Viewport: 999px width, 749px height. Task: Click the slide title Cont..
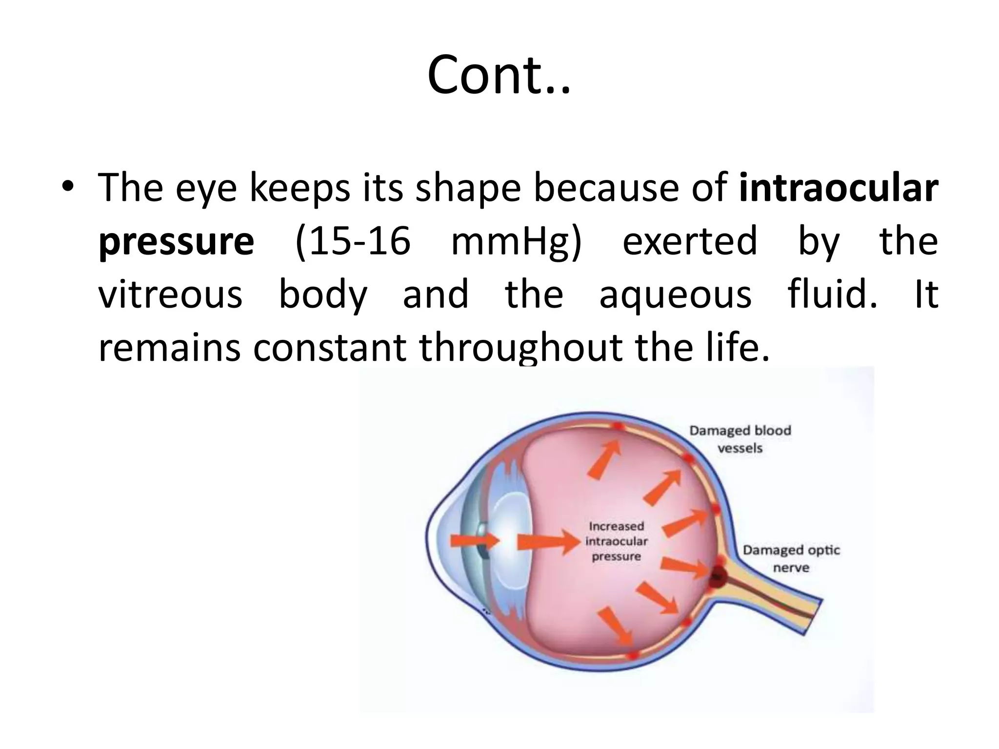(x=499, y=76)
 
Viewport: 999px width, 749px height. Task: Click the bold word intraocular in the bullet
(x=839, y=188)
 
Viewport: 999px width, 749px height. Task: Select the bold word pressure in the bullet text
(x=176, y=241)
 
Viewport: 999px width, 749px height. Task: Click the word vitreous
(x=170, y=294)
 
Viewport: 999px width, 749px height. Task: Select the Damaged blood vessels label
(x=740, y=439)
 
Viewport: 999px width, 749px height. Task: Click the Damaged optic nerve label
(x=791, y=559)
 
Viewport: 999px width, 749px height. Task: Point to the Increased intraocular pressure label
(x=616, y=541)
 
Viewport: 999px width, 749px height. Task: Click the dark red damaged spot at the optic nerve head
(x=718, y=578)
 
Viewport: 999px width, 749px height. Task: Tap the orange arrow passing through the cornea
(x=475, y=541)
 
